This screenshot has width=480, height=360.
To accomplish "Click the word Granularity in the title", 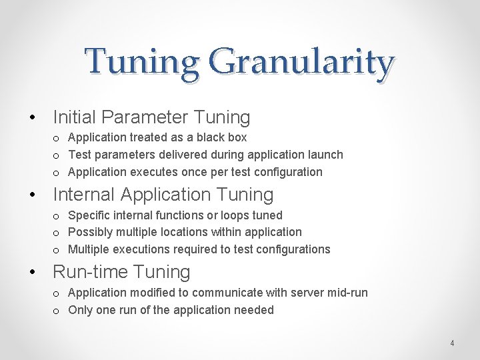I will tap(302, 62).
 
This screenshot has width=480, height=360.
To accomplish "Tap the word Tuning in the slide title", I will tap(142, 62).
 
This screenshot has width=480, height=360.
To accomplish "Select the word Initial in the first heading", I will tap(72, 117).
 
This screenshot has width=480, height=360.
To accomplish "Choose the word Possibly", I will tap(90, 232).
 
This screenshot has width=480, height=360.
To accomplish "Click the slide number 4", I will tap(452, 343).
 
